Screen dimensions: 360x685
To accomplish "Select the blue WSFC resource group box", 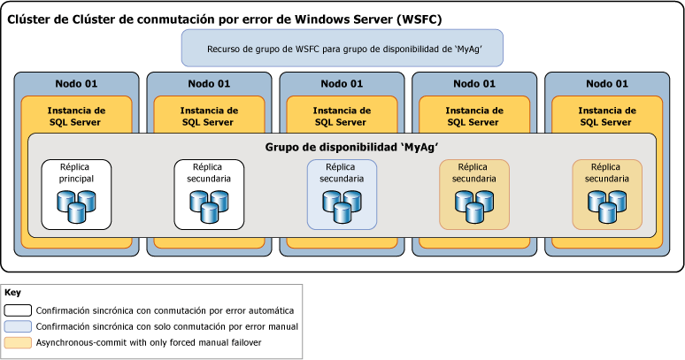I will [342, 49].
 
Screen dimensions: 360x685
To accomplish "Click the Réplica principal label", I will [76, 172].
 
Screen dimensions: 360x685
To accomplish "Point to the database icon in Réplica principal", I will [76, 205].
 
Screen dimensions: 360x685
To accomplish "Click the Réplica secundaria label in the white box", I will [209, 172].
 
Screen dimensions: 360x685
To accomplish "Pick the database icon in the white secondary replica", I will [209, 205].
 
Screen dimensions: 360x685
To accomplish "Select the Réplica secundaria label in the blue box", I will [342, 172].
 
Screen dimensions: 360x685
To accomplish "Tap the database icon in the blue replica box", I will [342, 205].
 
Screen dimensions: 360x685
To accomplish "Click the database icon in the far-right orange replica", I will [607, 205].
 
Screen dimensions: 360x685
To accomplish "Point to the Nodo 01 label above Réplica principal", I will [76, 84].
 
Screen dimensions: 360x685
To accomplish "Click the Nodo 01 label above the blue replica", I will [342, 84].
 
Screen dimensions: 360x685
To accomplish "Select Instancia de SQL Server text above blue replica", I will [342, 116].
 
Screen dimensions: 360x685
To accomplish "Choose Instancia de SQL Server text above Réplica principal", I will [76, 116].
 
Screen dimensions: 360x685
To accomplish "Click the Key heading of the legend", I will [12, 292].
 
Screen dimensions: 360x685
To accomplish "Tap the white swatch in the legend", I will [18, 310].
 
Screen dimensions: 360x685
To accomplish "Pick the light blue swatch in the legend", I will [18, 326].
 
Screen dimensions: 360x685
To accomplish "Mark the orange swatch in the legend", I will [18, 342].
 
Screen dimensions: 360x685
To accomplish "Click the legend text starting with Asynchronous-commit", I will [148, 342].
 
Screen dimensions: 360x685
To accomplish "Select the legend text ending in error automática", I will [164, 310].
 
